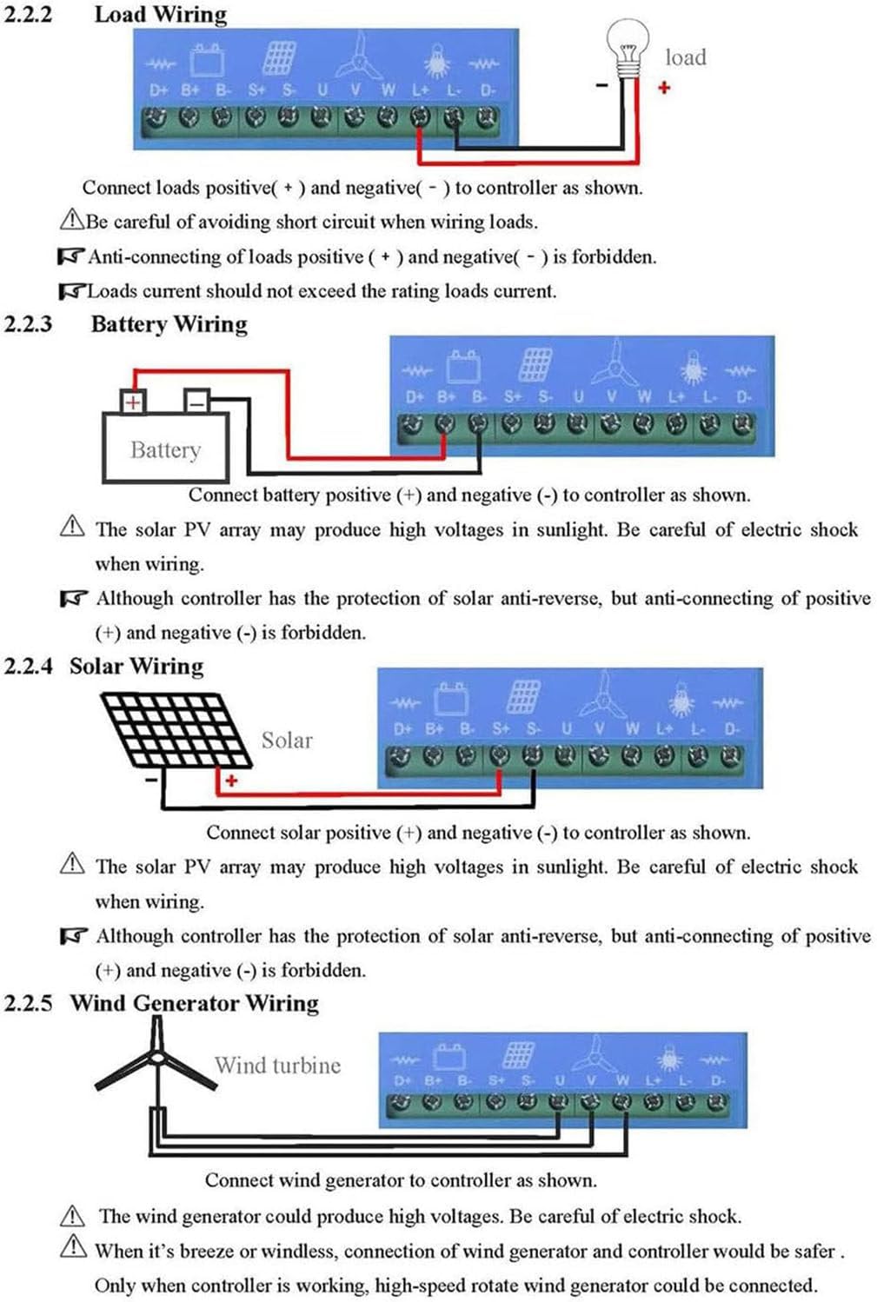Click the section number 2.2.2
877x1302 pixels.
click(28, 15)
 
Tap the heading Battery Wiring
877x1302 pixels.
click(169, 324)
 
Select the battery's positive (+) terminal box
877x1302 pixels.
click(132, 402)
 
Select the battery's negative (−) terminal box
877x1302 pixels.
click(196, 402)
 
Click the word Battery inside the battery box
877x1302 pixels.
click(165, 450)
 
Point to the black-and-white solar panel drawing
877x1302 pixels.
click(174, 730)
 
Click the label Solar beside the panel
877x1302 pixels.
click(286, 741)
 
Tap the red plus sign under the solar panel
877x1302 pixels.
click(231, 781)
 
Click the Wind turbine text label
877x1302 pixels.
click(277, 1066)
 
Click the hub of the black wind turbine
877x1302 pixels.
click(156, 1058)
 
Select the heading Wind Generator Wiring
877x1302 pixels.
click(195, 1003)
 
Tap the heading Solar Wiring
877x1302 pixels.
click(136, 666)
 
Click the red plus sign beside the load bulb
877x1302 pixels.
click(664, 87)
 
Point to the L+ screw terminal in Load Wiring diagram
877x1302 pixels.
click(420, 117)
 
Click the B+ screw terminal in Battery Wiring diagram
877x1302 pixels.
click(445, 425)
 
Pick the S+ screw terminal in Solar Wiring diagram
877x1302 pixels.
click(499, 756)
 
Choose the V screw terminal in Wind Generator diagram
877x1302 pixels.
click(589, 1102)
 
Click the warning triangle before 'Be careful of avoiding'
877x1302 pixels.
click(71, 220)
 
